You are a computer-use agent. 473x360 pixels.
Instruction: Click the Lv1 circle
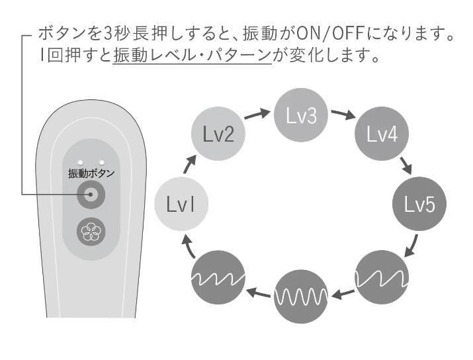181,204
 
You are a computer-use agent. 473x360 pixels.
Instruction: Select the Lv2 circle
218,136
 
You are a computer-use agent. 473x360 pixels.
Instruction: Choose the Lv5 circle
419,204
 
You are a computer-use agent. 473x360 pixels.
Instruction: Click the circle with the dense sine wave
301,294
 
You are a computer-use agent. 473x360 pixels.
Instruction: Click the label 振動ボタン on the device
91,173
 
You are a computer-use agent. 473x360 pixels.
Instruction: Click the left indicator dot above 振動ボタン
80,161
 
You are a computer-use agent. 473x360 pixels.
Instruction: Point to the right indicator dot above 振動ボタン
101,161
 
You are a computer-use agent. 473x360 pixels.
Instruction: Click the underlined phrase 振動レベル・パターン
193,56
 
